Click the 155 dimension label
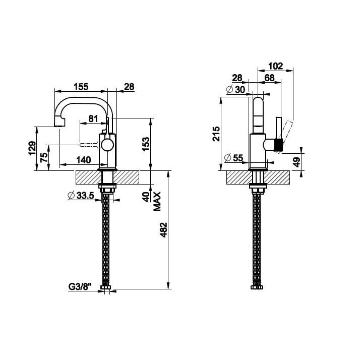pyautogui.click(x=81, y=87)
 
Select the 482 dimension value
pyautogui.click(x=164, y=230)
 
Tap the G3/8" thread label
pyautogui.click(x=80, y=287)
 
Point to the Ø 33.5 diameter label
pyautogui.click(x=81, y=196)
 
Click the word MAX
pyautogui.click(x=157, y=201)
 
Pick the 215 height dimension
pyautogui.click(x=216, y=134)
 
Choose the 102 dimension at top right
pyautogui.click(x=275, y=66)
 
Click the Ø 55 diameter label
pyautogui.click(x=234, y=158)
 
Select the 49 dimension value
pyautogui.click(x=296, y=162)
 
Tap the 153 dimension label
pyautogui.click(x=146, y=144)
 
